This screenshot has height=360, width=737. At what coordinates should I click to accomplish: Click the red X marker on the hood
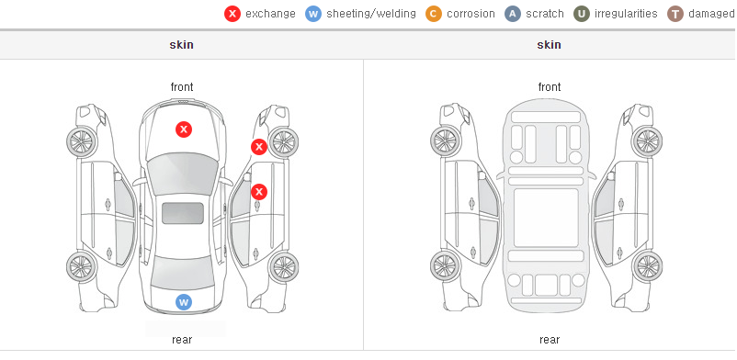tap(184, 129)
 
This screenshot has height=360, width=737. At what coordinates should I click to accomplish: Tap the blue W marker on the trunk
tap(184, 302)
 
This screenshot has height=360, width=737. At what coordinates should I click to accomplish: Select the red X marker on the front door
tap(259, 192)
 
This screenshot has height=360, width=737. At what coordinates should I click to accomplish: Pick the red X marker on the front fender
tap(259, 147)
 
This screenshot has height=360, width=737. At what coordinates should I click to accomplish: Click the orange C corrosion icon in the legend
tap(434, 14)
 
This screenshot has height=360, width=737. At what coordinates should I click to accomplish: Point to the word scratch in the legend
tap(545, 14)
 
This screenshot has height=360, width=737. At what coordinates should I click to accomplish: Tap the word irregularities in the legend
tap(626, 14)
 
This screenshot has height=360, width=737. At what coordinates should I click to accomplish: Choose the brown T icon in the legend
tap(675, 14)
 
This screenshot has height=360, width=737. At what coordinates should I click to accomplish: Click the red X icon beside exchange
tap(232, 14)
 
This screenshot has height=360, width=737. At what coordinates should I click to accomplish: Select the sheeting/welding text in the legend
tap(371, 14)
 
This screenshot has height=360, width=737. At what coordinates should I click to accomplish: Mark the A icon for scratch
tap(513, 14)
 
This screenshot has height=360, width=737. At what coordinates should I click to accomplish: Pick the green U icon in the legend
tap(582, 14)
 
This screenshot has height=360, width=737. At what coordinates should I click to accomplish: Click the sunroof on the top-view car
tap(183, 213)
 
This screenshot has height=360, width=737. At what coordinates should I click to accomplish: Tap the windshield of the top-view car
tap(183, 174)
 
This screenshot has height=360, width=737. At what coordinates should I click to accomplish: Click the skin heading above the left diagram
tap(181, 45)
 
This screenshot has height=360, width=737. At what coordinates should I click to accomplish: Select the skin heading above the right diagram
tap(549, 45)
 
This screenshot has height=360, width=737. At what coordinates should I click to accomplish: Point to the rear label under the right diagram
tap(550, 340)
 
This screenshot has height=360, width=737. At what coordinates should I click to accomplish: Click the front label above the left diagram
tap(182, 87)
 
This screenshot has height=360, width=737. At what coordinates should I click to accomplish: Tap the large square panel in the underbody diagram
tap(546, 218)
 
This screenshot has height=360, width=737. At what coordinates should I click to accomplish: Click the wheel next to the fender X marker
tap(283, 142)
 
